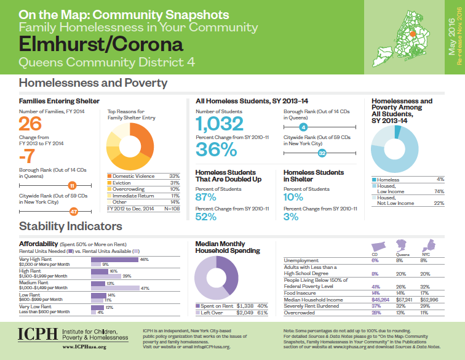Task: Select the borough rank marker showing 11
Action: pos(72,185)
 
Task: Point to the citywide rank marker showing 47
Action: pos(73,212)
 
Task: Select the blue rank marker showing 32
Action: pos(322,152)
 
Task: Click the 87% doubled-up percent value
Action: pos(206,197)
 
